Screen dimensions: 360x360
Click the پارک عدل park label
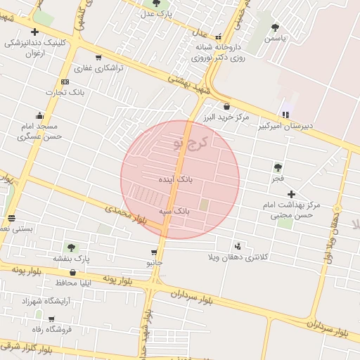[x=156, y=13]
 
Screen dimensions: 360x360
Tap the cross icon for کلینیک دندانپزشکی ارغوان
[x=35, y=32]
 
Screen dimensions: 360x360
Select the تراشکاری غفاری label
[x=99, y=68]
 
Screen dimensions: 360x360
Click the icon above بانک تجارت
[x=65, y=82]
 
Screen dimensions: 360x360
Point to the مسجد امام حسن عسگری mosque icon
[x=39, y=116]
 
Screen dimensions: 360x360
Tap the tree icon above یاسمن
[x=275, y=27]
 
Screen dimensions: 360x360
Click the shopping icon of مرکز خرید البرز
[x=226, y=106]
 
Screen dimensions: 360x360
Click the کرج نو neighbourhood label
[x=190, y=143]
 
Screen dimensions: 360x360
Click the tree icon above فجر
[x=278, y=167]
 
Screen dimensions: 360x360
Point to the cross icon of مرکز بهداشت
[x=292, y=193]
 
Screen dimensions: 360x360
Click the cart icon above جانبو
[x=154, y=252]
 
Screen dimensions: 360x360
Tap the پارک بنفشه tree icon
[x=71, y=247]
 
